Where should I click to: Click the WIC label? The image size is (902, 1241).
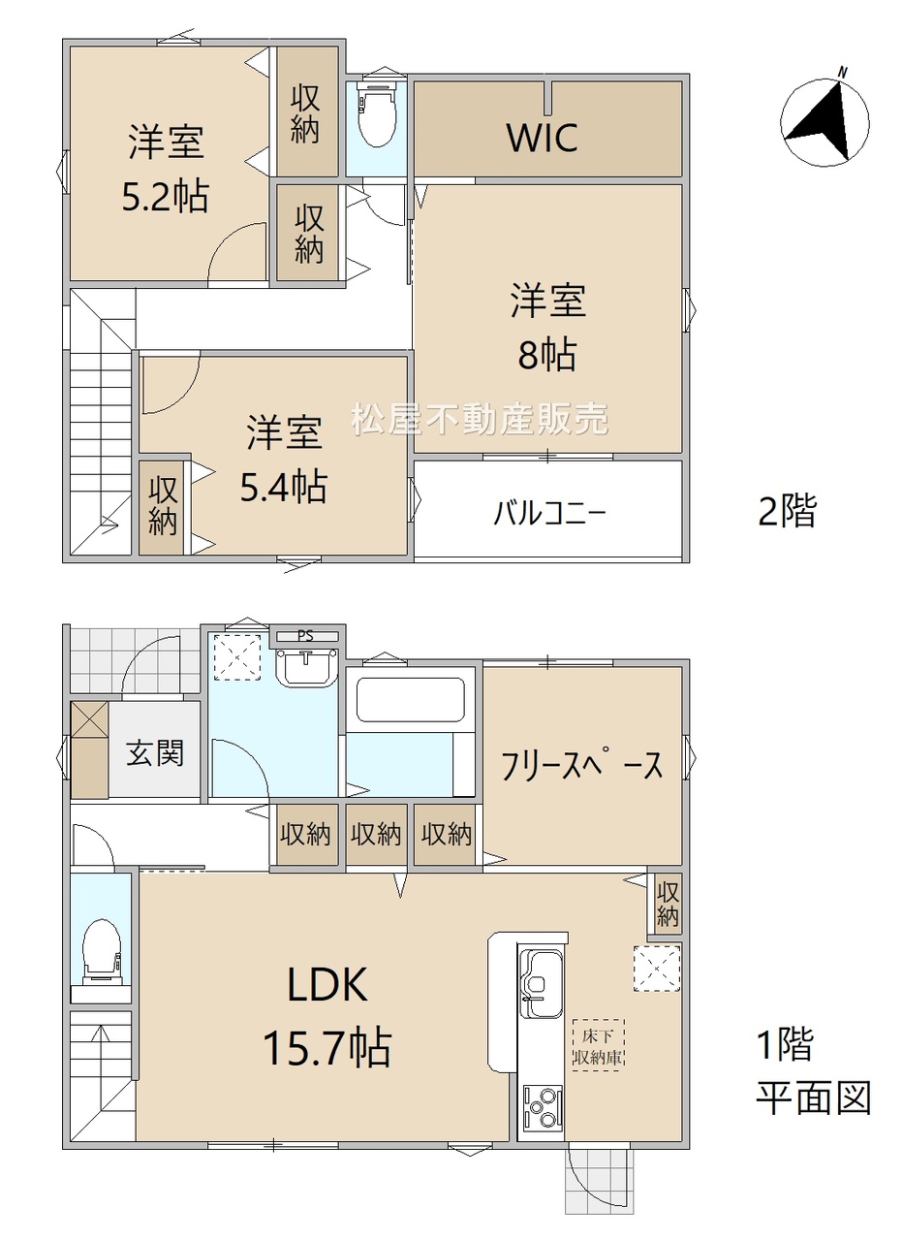click(543, 138)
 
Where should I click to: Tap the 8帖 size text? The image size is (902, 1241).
click(547, 355)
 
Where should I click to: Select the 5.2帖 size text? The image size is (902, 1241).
click(166, 196)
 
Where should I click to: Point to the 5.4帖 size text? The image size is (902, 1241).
click(284, 486)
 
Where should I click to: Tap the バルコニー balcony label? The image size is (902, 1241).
click(549, 513)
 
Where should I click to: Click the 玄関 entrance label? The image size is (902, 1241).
click(154, 753)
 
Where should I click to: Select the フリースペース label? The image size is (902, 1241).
click(581, 766)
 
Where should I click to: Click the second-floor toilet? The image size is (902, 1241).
click(377, 113)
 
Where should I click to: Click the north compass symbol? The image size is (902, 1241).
click(824, 121)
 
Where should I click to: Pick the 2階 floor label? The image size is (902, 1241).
click(787, 511)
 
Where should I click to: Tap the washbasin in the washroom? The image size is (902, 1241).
click(306, 666)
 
